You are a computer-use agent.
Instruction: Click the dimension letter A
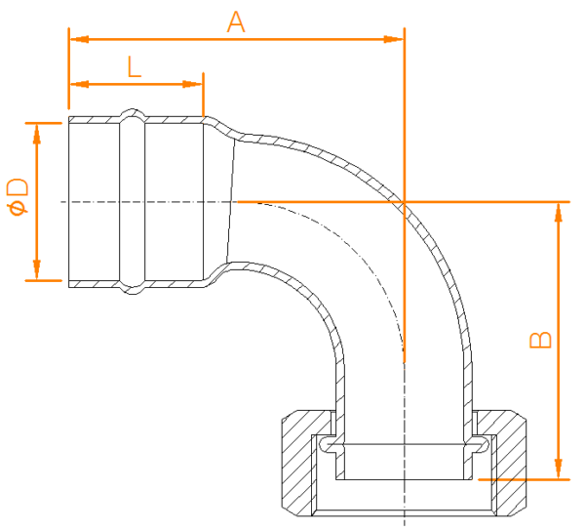coord(236,22)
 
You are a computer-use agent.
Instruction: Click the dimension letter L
coord(135,66)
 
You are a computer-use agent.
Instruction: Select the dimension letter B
coord(540,340)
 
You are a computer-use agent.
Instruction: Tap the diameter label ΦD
coord(18,197)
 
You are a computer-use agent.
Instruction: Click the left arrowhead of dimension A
coord(79,39)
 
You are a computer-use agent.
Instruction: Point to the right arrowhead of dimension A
coord(394,39)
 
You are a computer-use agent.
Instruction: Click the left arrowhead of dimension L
coord(79,84)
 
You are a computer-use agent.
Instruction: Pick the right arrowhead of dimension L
coord(192,84)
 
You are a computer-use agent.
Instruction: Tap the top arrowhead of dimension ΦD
coord(37,134)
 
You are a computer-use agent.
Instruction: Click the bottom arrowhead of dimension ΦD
coord(37,269)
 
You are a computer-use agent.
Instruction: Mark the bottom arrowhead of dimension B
coord(558,469)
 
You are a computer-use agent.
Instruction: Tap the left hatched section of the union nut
coord(297,463)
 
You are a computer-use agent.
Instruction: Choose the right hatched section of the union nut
coord(510,463)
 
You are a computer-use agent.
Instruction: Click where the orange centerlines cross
coord(404,202)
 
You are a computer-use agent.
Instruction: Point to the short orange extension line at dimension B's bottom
coord(525,479)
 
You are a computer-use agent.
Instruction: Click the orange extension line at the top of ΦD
coord(43,123)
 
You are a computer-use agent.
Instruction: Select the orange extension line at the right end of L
coord(203,95)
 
